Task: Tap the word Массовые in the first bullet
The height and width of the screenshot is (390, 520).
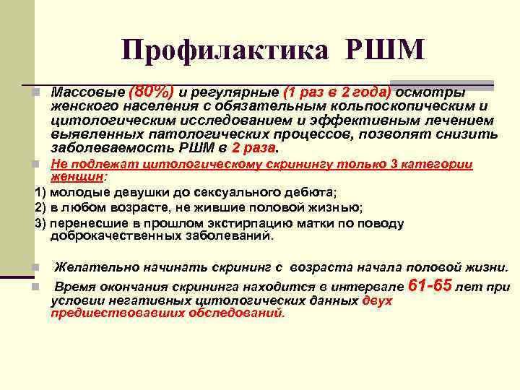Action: point(87,93)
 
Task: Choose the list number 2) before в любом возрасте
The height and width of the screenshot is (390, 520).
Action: point(41,207)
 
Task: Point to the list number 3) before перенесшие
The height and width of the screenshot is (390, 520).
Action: point(41,221)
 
